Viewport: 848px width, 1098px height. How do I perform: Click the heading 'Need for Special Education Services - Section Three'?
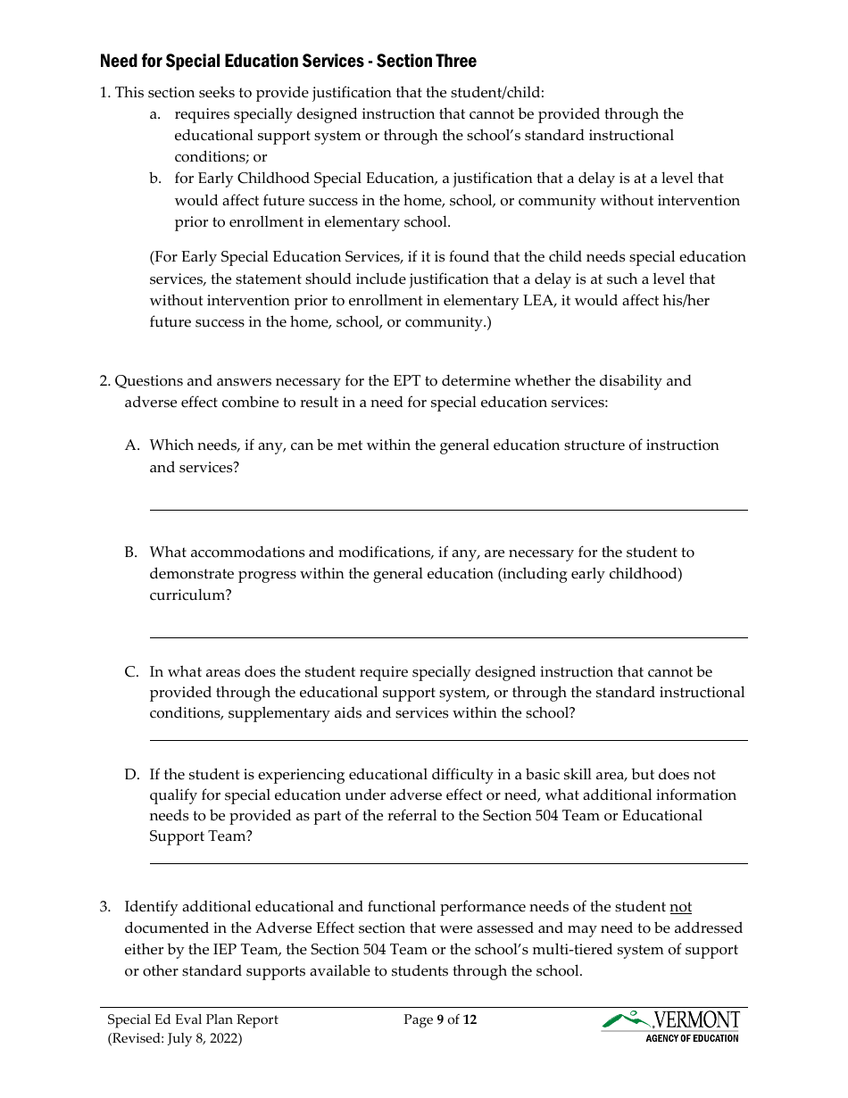click(x=287, y=61)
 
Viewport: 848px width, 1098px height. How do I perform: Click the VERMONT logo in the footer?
click(x=670, y=1019)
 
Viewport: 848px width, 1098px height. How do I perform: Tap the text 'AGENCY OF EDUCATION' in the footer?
click(x=692, y=1038)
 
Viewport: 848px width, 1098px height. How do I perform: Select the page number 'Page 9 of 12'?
click(x=440, y=1019)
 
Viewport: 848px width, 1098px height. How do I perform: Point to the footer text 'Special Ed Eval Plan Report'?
click(x=193, y=1019)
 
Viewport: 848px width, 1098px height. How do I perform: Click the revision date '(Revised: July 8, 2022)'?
click(x=175, y=1038)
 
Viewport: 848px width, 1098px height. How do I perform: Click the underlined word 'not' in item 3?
click(x=680, y=907)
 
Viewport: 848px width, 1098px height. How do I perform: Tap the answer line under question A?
click(x=448, y=510)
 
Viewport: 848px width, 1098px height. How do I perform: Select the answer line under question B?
click(x=448, y=637)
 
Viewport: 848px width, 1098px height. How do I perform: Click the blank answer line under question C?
click(x=448, y=740)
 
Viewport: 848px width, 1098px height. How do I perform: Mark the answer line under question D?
click(x=448, y=863)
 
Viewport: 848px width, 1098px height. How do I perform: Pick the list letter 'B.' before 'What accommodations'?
click(x=131, y=553)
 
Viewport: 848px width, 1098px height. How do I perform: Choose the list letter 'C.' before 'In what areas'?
click(x=131, y=672)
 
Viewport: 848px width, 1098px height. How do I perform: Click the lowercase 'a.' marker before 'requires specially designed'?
click(x=155, y=114)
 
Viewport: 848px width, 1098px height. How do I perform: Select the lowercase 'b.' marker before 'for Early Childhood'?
click(x=155, y=179)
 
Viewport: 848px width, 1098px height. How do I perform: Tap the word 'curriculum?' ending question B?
click(x=190, y=595)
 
